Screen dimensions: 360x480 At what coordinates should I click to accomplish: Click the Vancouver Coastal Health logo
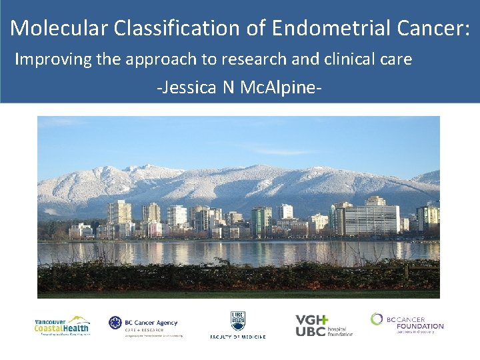point(62,326)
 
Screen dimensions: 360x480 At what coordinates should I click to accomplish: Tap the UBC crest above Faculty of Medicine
point(238,321)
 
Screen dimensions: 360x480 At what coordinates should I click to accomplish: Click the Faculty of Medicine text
point(238,337)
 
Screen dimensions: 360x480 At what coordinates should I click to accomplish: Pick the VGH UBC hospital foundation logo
point(324,325)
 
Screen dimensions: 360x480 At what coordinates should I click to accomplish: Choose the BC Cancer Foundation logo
point(407,322)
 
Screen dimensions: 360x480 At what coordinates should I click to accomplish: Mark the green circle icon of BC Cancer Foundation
point(378,319)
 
